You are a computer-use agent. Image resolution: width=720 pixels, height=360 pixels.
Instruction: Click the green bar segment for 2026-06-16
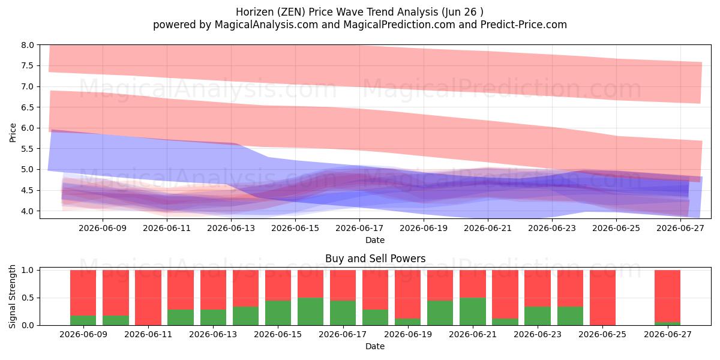click(311, 311)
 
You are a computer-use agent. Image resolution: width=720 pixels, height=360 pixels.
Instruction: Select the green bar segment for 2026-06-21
click(473, 311)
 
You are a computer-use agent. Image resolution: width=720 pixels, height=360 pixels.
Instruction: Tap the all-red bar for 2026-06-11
click(148, 298)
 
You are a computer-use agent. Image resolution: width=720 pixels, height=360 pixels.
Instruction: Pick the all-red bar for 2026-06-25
click(602, 298)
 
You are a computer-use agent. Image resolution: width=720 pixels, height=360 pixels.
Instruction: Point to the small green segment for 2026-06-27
click(667, 323)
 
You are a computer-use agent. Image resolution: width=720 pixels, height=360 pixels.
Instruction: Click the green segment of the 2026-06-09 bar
click(83, 320)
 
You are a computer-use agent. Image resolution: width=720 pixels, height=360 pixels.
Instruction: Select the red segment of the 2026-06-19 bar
click(407, 294)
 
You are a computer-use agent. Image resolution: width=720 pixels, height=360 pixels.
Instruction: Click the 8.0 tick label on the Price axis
click(28, 45)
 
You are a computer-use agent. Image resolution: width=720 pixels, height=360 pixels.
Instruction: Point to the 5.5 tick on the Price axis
click(28, 149)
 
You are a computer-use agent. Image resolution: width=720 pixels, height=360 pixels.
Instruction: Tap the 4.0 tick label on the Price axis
click(28, 211)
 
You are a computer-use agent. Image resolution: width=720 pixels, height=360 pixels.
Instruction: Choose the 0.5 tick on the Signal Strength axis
click(28, 298)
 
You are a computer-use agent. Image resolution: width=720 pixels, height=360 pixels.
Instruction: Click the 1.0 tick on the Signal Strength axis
click(28, 271)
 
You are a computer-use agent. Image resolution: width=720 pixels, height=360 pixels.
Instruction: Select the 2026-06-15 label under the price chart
click(295, 228)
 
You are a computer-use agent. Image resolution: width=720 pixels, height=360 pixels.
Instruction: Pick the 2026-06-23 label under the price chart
click(552, 228)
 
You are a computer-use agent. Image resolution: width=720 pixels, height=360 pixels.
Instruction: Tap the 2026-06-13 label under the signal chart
click(213, 334)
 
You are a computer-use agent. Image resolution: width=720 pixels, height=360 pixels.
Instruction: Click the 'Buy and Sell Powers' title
click(375, 259)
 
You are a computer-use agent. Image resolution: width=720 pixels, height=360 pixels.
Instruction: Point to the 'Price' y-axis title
click(13, 133)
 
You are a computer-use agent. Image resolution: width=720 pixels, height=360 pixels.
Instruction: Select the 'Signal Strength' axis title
click(12, 296)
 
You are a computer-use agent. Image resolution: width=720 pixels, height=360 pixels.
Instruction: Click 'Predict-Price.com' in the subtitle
click(524, 25)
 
